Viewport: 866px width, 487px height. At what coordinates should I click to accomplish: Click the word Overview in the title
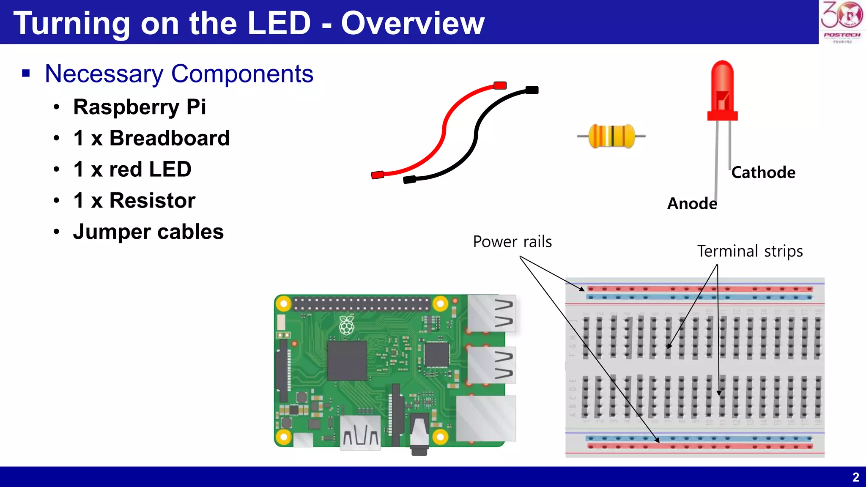pos(412,23)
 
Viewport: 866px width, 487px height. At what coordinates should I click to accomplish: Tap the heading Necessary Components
pos(179,74)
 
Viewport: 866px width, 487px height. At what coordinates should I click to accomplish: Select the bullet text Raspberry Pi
pos(140,107)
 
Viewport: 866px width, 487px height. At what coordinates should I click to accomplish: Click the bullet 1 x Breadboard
pos(151,138)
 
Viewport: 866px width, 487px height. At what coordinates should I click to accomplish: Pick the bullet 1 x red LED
pos(132,170)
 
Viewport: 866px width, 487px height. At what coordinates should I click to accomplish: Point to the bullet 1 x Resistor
pos(134,200)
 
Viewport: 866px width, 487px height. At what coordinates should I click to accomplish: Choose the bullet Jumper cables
pos(148,232)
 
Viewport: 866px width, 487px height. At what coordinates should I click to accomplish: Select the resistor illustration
pos(611,136)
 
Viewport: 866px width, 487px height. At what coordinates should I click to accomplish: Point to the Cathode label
pos(763,172)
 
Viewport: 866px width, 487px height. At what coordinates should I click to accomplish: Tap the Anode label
pos(692,204)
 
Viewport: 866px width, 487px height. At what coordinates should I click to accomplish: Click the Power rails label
pos(512,242)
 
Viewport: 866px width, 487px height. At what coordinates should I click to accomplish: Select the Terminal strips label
pos(750,251)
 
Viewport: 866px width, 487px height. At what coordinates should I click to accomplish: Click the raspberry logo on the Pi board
pos(347,326)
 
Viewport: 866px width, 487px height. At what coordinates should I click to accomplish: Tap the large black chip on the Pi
pos(347,361)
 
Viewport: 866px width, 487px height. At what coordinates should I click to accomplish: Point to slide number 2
pos(855,477)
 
